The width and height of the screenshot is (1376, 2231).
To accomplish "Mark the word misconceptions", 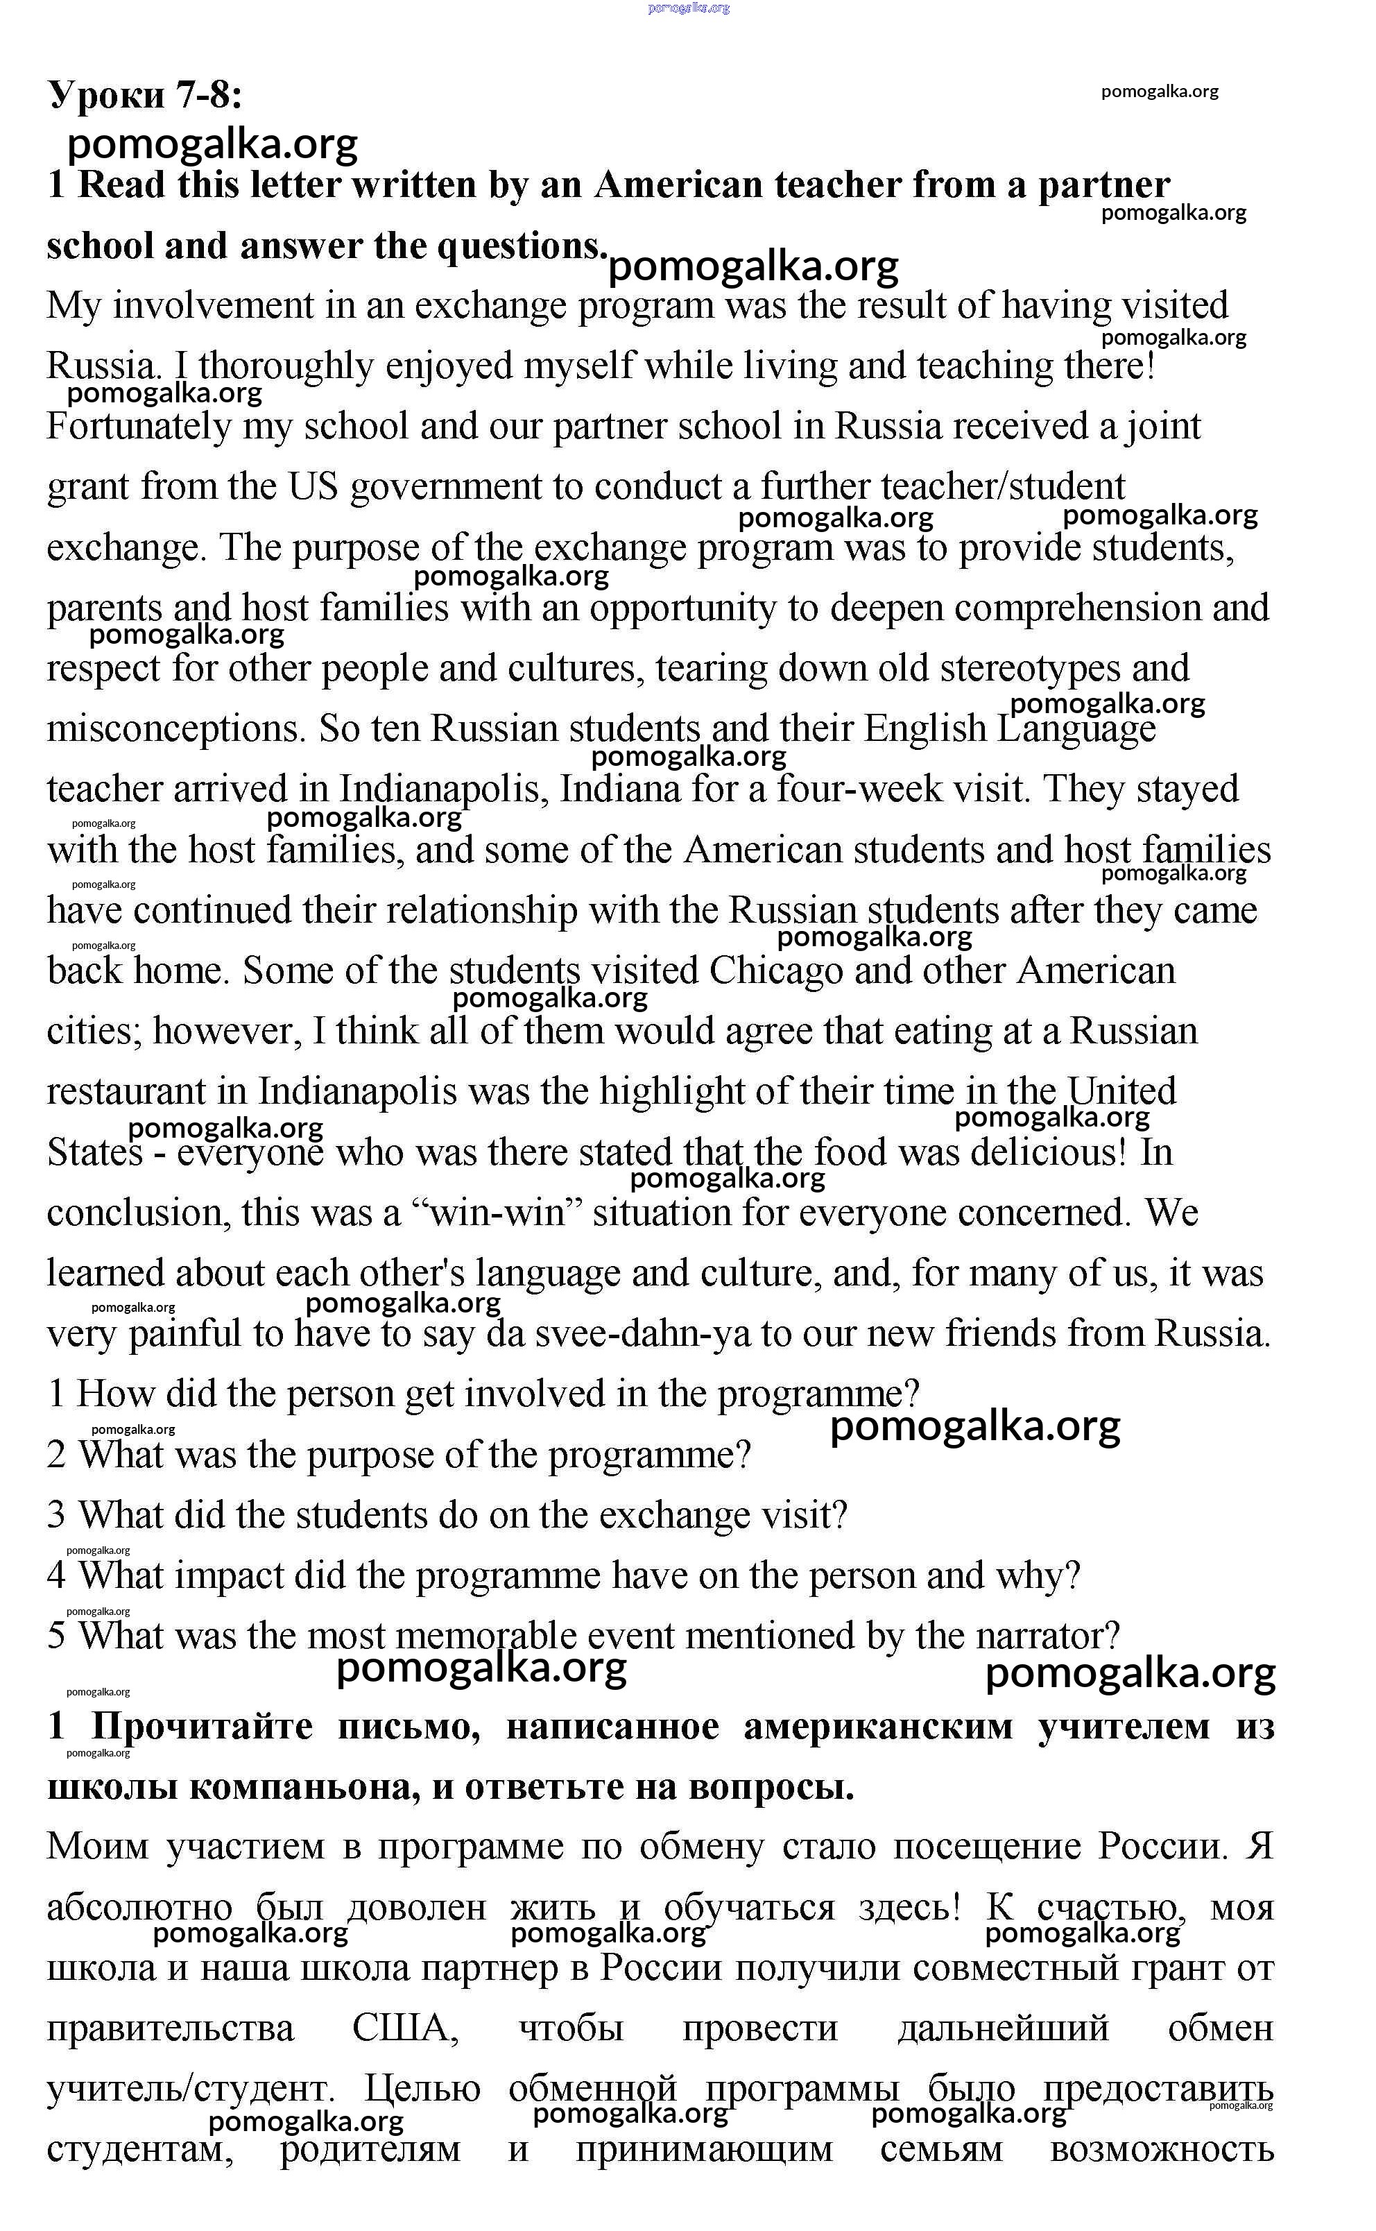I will [175, 729].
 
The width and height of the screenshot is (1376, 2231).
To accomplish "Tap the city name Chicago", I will [776, 971].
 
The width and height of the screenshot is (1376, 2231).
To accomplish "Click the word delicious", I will [1049, 1152].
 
